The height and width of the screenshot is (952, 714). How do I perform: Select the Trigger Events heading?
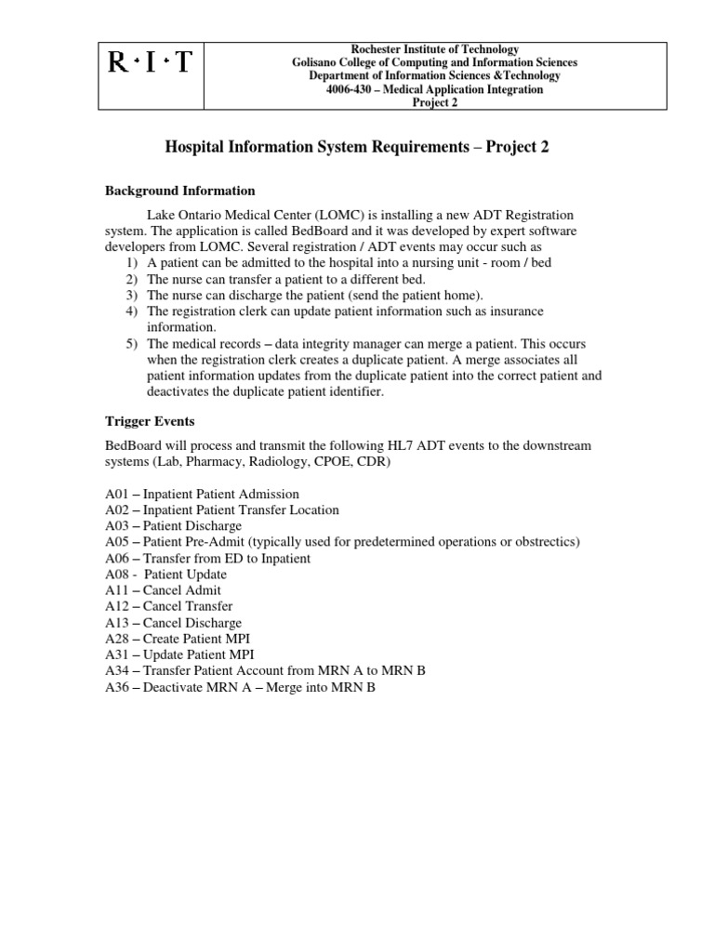pyautogui.click(x=150, y=421)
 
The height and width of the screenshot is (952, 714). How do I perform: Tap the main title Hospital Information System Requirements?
pyautogui.click(x=356, y=147)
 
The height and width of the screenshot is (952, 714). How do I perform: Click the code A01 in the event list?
pyautogui.click(x=117, y=495)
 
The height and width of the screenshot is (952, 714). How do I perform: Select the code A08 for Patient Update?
pyautogui.click(x=117, y=575)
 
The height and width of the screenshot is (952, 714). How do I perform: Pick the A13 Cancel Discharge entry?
pyautogui.click(x=174, y=623)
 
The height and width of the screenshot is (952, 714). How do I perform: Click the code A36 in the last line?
pyautogui.click(x=117, y=687)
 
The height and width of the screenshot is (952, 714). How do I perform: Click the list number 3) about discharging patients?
pyautogui.click(x=131, y=296)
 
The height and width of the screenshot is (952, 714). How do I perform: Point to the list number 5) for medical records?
pyautogui.click(x=131, y=344)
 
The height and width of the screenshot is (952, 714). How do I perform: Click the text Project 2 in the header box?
pyautogui.click(x=435, y=102)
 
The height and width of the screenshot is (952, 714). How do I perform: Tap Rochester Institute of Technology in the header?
pyautogui.click(x=435, y=49)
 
